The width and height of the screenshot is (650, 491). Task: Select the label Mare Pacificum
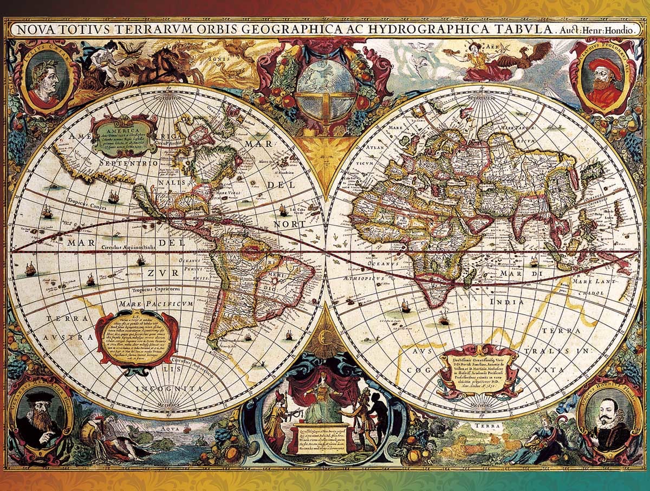pyautogui.click(x=157, y=303)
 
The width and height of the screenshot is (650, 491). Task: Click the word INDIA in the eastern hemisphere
pyautogui.click(x=506, y=301)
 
